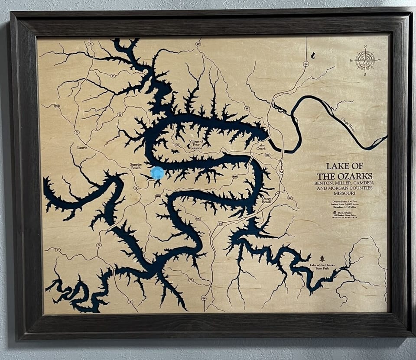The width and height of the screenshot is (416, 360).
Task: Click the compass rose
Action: (x=365, y=61)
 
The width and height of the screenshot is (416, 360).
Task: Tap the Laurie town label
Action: (x=82, y=147)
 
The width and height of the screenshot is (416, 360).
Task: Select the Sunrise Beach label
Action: (x=139, y=167)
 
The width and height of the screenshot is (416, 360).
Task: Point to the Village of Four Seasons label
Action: (x=196, y=145)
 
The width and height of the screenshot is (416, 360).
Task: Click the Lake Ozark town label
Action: (x=261, y=147)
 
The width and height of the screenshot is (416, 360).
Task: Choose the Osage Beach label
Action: (x=266, y=200)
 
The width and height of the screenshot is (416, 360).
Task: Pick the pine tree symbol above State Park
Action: (x=322, y=258)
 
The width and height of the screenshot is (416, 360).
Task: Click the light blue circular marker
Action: (x=157, y=173)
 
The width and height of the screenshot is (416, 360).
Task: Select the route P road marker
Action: (x=113, y=76)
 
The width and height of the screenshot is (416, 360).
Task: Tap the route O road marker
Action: (x=119, y=114)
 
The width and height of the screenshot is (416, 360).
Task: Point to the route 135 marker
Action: (x=57, y=106)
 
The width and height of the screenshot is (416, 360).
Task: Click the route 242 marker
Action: (x=267, y=155)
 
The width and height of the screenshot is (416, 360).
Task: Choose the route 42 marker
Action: (x=289, y=198)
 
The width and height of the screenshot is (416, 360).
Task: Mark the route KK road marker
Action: (x=198, y=219)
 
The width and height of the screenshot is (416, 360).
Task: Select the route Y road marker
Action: (x=191, y=280)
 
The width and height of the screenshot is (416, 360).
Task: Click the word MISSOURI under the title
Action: (x=344, y=193)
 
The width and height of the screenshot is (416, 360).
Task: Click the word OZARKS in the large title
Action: (x=356, y=176)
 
